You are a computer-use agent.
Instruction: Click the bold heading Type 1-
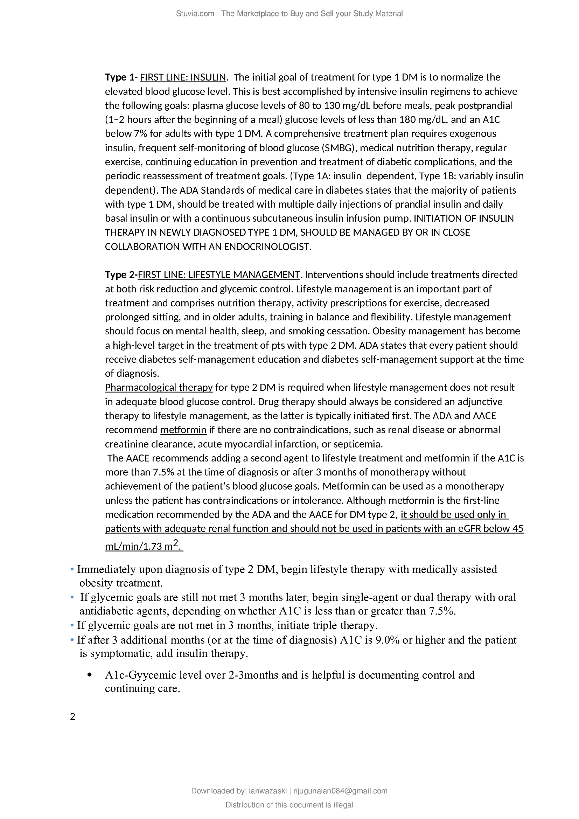click(x=121, y=77)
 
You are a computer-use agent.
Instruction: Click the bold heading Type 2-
click(x=121, y=275)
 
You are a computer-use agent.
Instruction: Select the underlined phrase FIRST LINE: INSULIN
click(x=183, y=77)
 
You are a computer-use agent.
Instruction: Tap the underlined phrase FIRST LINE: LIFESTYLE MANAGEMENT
click(x=218, y=275)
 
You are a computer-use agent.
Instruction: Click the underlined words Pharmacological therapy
click(x=159, y=387)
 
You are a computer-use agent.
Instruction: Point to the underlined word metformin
click(x=183, y=430)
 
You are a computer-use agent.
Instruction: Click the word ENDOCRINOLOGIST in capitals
click(x=267, y=247)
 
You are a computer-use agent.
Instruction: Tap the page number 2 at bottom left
click(x=73, y=717)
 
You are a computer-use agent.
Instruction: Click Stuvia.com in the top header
click(x=195, y=14)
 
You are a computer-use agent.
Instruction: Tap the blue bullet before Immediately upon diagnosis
click(x=72, y=570)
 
